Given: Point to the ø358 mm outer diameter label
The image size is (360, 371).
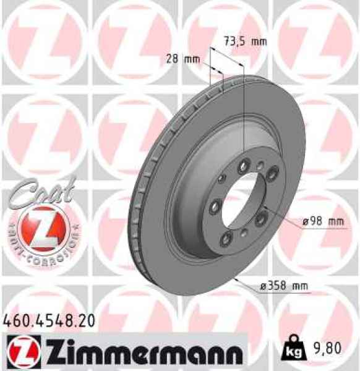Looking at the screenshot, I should click(x=283, y=286).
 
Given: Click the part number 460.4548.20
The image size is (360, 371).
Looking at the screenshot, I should click(x=49, y=320).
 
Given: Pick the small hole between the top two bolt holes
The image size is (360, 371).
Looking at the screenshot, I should click(x=260, y=165).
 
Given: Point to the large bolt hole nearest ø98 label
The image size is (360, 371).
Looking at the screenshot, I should click(x=260, y=215).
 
